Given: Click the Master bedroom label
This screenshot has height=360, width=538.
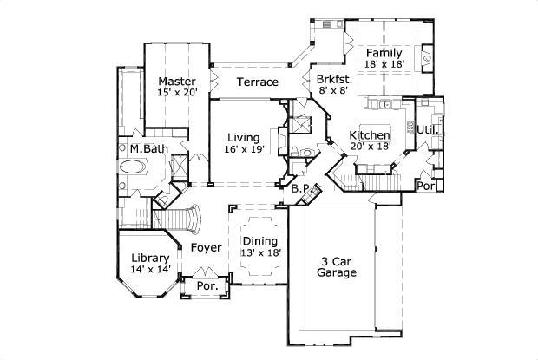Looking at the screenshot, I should (x=176, y=82).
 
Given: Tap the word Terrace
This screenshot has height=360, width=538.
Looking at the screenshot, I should (x=257, y=82).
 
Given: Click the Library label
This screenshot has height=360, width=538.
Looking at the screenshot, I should (x=149, y=258).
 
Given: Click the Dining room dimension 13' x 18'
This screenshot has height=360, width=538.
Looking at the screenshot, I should (x=260, y=252).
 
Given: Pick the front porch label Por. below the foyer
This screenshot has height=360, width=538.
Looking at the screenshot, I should (x=207, y=285).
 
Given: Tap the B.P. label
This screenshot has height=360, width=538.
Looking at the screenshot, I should (x=301, y=188).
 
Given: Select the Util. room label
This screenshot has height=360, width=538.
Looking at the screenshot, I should (x=426, y=129).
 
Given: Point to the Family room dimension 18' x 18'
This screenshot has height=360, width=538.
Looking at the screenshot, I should (x=384, y=65).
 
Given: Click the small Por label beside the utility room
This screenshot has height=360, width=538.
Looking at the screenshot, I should (x=425, y=185).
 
